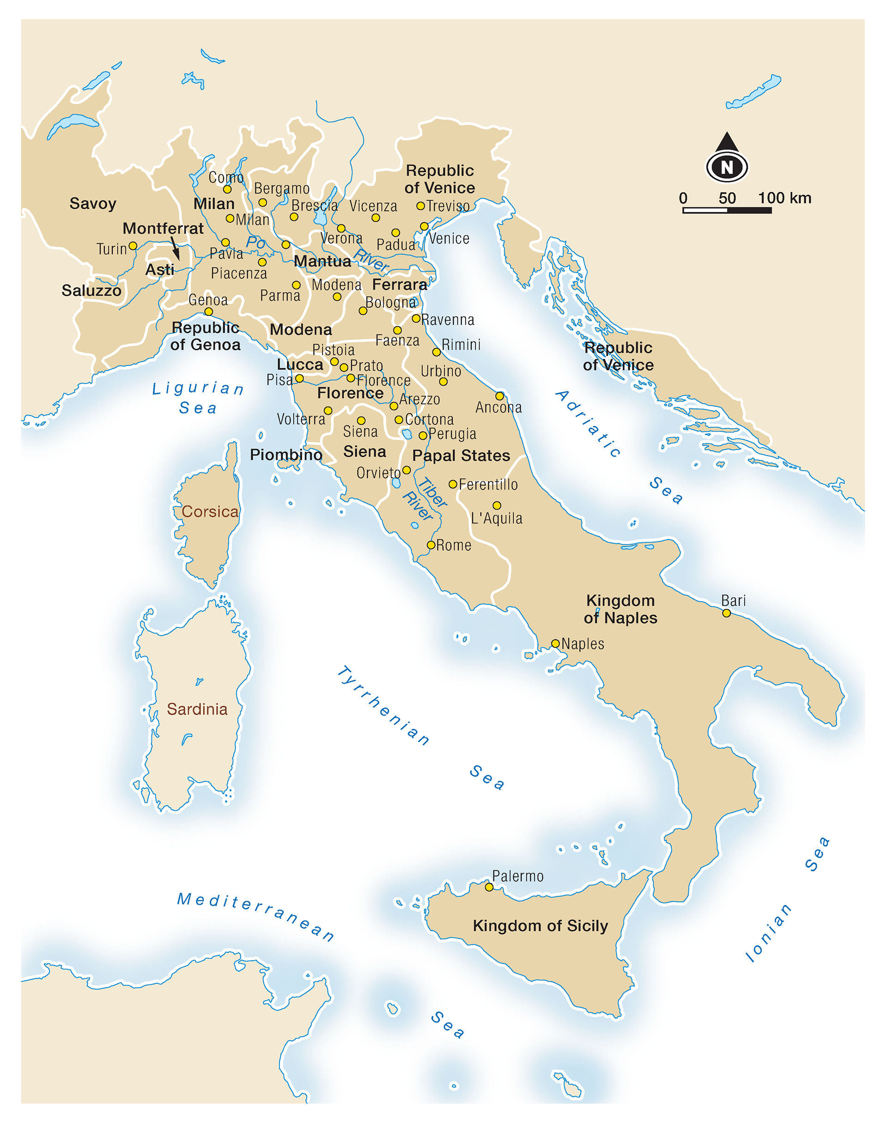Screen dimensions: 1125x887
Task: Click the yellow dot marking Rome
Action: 431,545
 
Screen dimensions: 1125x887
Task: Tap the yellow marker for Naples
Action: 555,644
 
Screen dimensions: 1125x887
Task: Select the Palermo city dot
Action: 489,887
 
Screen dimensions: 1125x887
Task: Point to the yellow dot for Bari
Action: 727,614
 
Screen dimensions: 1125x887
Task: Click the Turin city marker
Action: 133,246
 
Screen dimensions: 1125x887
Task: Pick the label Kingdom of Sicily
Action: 540,926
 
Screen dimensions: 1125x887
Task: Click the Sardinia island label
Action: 197,709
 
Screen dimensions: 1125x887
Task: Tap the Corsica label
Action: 210,511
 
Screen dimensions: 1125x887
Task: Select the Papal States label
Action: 461,456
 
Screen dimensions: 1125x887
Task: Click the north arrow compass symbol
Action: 727,158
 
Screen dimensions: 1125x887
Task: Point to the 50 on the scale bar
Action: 727,198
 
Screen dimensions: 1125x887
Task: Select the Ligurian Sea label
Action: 198,398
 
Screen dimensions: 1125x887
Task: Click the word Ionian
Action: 769,933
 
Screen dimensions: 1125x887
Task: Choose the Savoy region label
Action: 93,203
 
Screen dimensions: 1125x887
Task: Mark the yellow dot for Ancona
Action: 499,396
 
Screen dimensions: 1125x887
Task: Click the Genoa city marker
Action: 208,312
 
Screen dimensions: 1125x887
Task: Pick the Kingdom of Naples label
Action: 620,609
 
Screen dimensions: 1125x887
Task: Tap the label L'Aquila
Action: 497,518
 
